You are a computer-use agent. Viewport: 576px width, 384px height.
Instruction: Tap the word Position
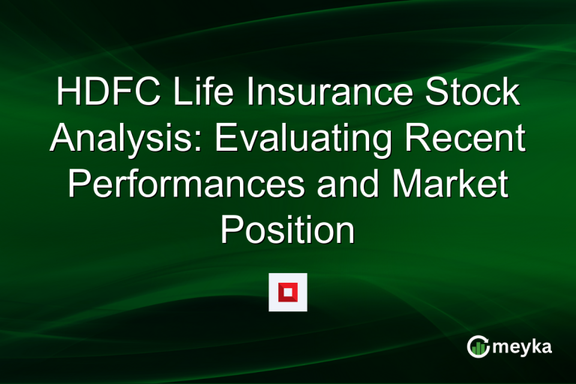click(x=287, y=230)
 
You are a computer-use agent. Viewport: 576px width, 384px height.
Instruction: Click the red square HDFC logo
click(x=288, y=292)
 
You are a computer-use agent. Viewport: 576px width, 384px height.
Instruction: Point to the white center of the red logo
click(x=288, y=292)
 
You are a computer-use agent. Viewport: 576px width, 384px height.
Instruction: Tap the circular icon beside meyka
click(x=478, y=346)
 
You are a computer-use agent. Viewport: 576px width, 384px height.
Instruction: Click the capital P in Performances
click(x=78, y=185)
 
